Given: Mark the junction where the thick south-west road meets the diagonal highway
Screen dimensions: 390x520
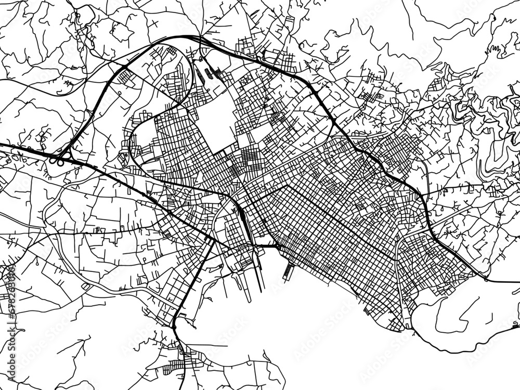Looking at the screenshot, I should coord(211,240).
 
